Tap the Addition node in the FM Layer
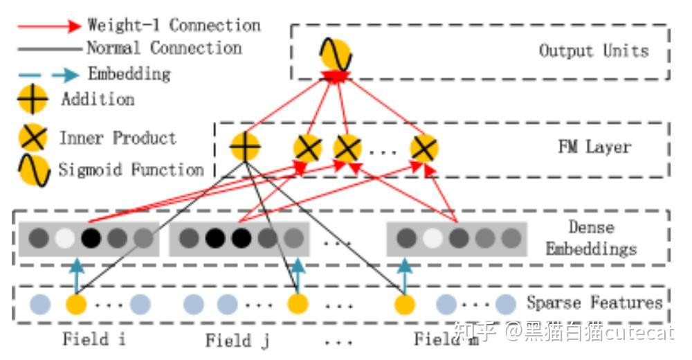[244, 147]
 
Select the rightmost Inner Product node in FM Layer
[424, 148]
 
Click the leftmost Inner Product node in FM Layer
[307, 148]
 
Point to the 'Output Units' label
[594, 51]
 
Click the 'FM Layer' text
[594, 147]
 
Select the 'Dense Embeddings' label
[591, 237]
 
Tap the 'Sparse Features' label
[594, 303]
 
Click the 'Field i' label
[95, 339]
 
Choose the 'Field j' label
[237, 340]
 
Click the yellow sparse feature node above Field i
[76, 304]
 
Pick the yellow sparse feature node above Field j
[298, 304]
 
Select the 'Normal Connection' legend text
[164, 48]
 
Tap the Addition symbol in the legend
[33, 100]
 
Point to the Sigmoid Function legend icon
[33, 170]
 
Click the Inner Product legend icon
[33, 137]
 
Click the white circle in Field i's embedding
[64, 239]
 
